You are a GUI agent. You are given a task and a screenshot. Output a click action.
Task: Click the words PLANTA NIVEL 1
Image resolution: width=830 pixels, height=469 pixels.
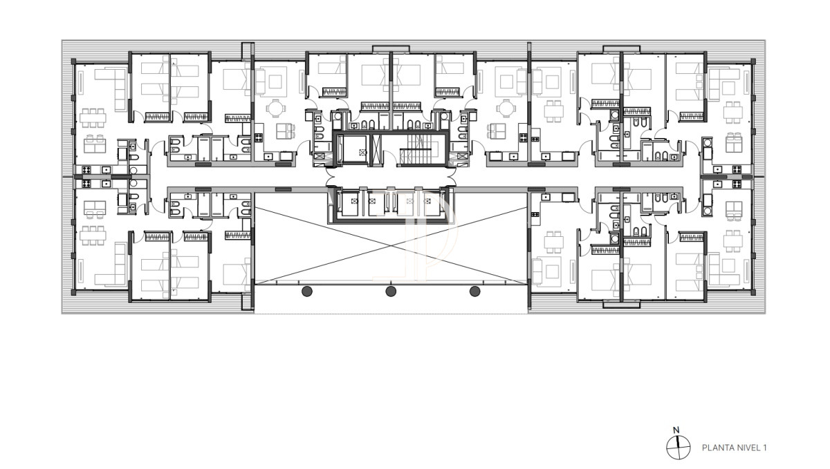coord(735,448)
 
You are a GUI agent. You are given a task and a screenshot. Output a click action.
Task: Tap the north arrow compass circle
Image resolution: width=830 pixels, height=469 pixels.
coord(679,448)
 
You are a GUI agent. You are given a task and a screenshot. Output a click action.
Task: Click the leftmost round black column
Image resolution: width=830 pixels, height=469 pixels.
coord(307,291)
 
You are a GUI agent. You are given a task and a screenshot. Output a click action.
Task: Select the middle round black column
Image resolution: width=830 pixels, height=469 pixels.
coord(391,291)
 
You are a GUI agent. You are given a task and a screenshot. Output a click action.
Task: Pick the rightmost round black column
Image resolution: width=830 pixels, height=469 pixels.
coord(475,291)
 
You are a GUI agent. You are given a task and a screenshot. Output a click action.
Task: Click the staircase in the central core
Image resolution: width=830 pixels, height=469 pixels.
coord(418,146)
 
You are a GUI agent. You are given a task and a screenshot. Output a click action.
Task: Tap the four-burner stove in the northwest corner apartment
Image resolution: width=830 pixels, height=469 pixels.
coord(88,169)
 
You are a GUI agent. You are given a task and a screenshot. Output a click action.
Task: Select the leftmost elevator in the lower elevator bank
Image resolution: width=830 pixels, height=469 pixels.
coord(351,204)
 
